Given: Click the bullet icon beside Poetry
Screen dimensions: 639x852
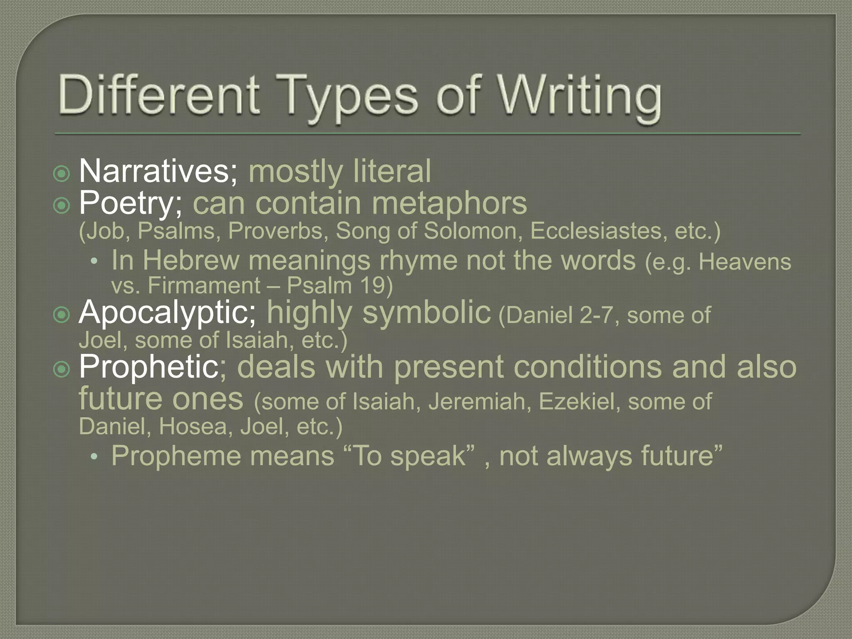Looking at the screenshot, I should coord(62,205).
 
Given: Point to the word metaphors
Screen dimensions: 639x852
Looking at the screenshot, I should coord(449,203).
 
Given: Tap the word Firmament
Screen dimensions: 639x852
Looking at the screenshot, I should coord(204,286).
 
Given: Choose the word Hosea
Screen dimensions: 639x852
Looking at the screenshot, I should coord(194,426).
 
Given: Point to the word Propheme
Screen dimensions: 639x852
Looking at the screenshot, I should coord(175,456).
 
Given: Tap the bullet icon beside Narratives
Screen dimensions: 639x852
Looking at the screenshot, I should coord(62,173).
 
